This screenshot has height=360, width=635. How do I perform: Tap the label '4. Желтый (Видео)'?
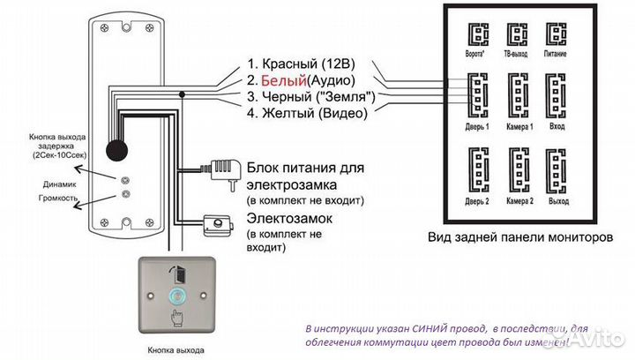click(x=308, y=112)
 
